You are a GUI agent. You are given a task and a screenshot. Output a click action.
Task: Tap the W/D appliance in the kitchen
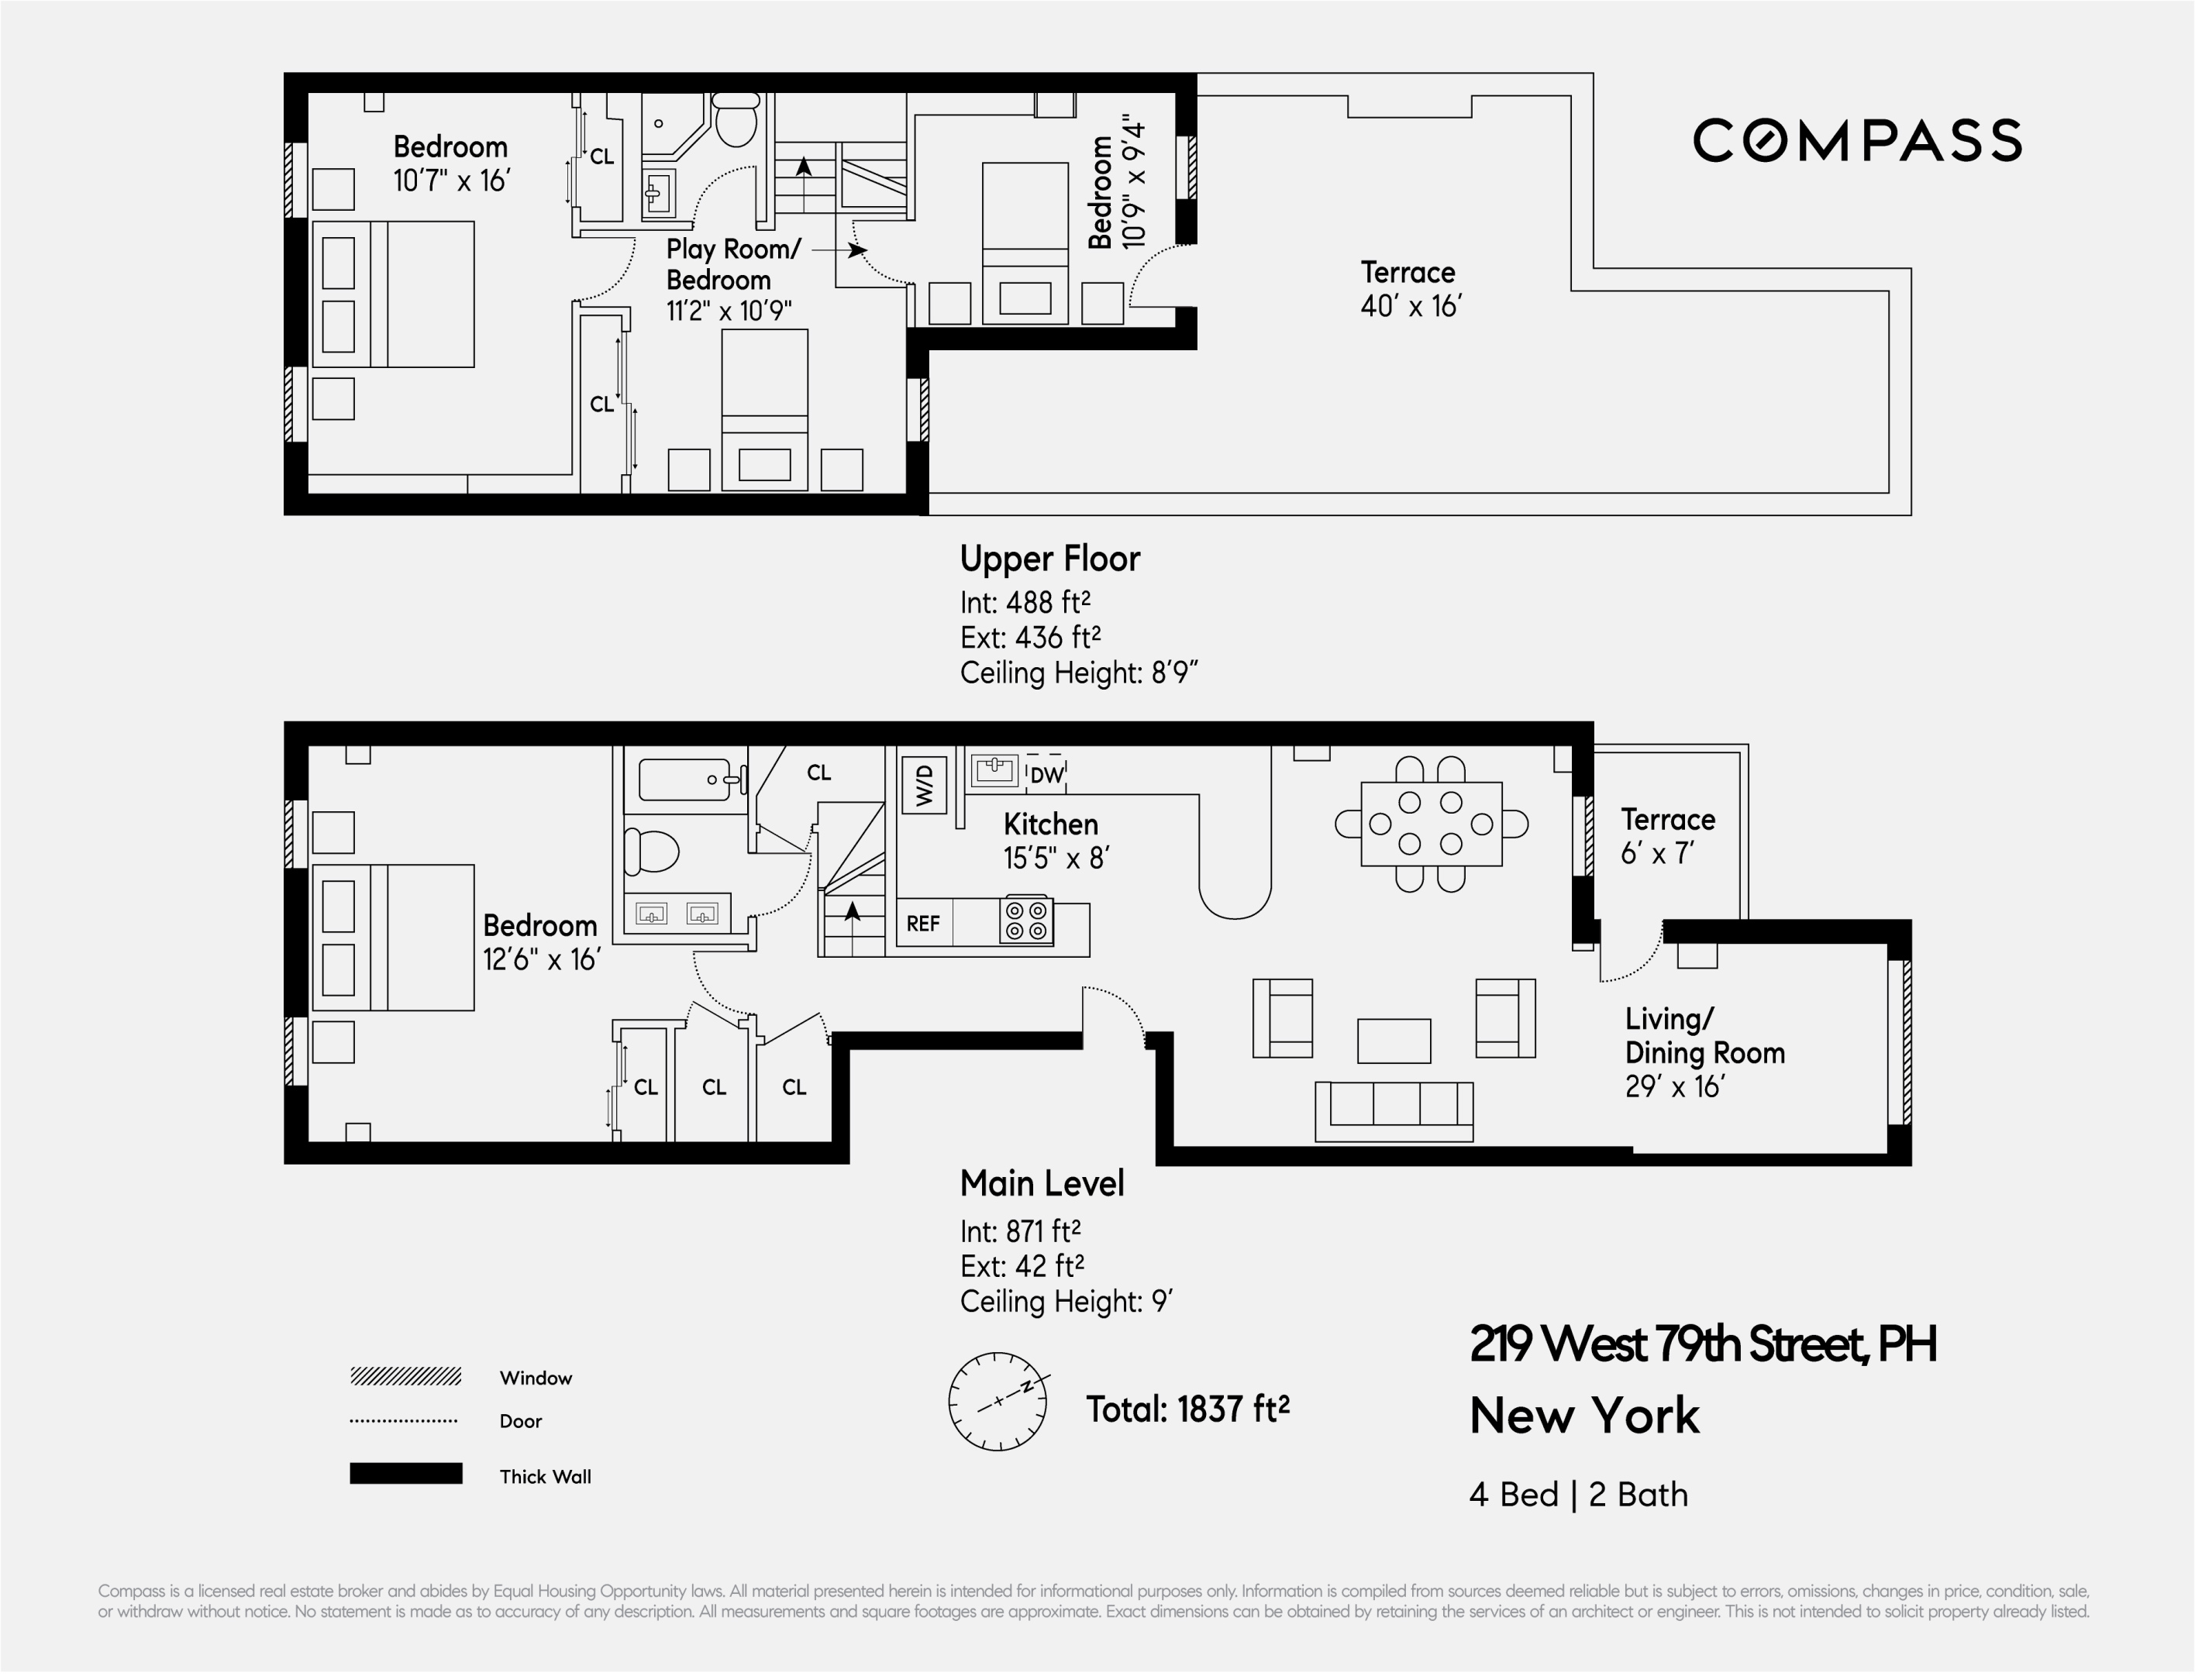click(924, 785)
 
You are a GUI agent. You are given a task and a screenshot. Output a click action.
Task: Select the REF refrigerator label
click(923, 924)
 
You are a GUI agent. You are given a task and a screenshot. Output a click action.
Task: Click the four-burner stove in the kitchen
click(1027, 921)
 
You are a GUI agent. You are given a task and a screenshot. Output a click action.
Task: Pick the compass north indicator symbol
click(998, 1402)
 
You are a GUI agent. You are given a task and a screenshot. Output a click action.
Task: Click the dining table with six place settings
click(1431, 824)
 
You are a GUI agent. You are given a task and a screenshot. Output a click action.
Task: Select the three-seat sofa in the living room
click(1394, 1111)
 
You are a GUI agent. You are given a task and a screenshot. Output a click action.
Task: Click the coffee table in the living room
click(1394, 1041)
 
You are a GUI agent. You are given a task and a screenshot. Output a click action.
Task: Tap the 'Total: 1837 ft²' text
click(1187, 1409)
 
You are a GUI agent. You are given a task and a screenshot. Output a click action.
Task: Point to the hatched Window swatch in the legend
click(405, 1377)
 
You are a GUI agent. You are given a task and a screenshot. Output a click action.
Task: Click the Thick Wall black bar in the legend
click(405, 1474)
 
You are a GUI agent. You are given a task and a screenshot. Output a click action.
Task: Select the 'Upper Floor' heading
click(1049, 559)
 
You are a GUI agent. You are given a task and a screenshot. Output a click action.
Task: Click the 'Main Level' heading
click(1042, 1183)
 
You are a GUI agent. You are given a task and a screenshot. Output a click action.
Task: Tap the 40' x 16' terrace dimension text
click(1410, 306)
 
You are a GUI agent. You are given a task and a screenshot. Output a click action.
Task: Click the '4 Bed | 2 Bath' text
click(1578, 1495)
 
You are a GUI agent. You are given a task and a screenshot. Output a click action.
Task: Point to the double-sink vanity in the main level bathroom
click(677, 914)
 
